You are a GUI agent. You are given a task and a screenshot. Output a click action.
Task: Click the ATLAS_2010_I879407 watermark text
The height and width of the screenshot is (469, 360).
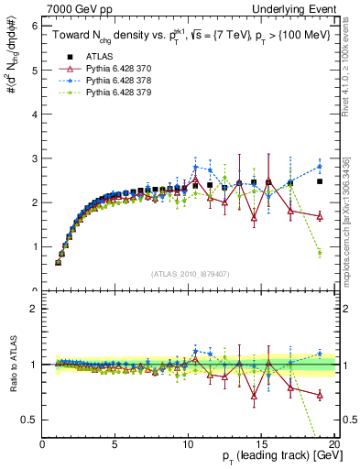[x=191, y=274]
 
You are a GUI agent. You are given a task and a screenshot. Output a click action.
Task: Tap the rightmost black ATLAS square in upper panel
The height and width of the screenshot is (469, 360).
[x=320, y=181]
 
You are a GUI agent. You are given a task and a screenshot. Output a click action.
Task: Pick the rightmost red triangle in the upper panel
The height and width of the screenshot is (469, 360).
[x=320, y=216]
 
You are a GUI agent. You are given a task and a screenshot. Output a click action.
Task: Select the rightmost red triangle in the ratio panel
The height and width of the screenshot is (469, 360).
[x=320, y=395]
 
